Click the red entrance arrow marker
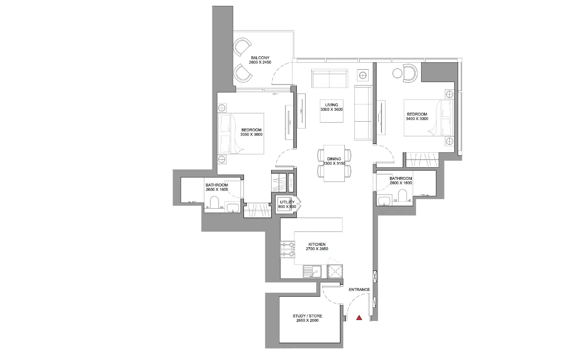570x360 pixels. coord(359,318)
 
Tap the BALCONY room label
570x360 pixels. coord(260,58)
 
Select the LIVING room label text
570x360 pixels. coord(332,105)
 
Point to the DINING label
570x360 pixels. coord(334,159)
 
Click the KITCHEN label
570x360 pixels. coord(317,244)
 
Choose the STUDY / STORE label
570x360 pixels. coord(308,316)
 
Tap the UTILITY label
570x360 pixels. coord(287,202)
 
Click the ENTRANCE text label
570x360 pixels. coord(359,289)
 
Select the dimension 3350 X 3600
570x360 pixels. coord(251,135)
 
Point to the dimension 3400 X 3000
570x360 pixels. coord(417,119)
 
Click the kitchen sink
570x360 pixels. coord(312,271)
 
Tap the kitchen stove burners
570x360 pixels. coord(287,250)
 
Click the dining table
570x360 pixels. coord(334,164)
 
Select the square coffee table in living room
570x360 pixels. coord(332,111)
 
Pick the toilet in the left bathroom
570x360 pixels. coord(214,203)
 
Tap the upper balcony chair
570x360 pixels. coord(242,47)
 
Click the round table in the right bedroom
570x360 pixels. coord(397,74)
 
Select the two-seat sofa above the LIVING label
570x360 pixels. coord(330,79)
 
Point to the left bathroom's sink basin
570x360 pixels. coord(232,208)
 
